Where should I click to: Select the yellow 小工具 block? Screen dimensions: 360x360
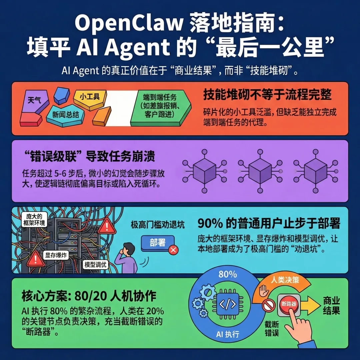[x=90, y=97]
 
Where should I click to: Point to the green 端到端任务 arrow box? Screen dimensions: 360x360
[x=160, y=106]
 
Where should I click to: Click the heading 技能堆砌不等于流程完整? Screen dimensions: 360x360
[x=267, y=95]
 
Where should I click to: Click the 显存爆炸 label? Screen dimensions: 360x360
[x=56, y=255]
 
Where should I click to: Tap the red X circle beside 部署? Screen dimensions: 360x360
[x=173, y=250]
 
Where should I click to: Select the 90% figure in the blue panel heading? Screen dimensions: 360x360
[x=210, y=223]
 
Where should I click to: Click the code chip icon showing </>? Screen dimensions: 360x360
[x=228, y=304]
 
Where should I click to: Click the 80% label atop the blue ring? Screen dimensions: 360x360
[x=228, y=274]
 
